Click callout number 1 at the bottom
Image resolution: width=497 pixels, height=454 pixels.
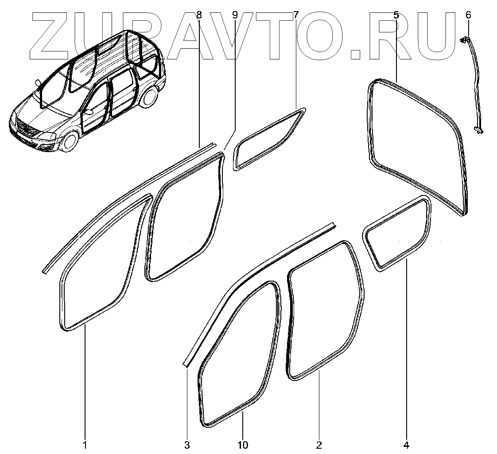[85, 444]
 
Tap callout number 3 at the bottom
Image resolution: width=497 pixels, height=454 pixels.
[187, 444]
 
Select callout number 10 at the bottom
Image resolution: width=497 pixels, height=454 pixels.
[243, 444]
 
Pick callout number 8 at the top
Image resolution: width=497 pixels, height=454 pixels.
[199, 15]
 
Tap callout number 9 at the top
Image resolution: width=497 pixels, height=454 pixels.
[235, 15]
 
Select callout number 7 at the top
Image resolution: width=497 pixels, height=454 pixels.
[295, 15]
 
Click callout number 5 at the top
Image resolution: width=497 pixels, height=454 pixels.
[396, 15]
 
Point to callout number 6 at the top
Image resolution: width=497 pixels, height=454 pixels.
[469, 15]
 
